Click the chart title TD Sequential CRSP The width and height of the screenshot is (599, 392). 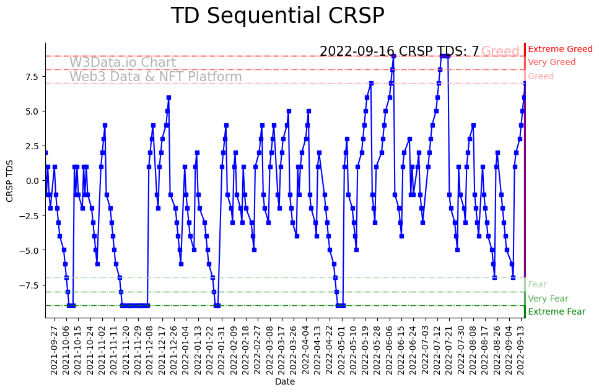(x=278, y=16)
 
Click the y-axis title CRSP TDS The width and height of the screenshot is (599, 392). (x=10, y=180)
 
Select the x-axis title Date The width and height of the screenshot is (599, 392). (x=285, y=382)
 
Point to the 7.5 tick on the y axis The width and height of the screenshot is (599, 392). (x=31, y=77)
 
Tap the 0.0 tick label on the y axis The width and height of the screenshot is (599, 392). (x=31, y=181)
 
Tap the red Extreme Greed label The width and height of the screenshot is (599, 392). (x=560, y=50)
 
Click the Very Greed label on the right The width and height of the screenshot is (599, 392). (x=551, y=63)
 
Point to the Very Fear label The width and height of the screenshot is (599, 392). (x=548, y=298)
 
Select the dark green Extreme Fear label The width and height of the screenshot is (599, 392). (x=556, y=312)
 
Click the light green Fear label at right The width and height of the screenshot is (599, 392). (x=537, y=285)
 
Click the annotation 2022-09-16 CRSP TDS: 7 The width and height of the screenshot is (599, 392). (x=399, y=51)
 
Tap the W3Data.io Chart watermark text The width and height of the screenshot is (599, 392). (x=123, y=63)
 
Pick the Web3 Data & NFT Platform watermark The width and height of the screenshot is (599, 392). (x=155, y=77)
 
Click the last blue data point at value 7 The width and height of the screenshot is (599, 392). (x=525, y=84)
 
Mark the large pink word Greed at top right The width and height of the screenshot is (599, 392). (x=501, y=51)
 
